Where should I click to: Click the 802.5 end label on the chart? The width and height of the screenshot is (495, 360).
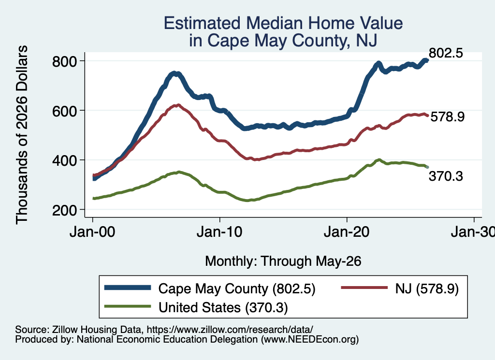(x=446, y=53)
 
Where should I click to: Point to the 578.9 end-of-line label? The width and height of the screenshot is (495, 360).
(x=447, y=117)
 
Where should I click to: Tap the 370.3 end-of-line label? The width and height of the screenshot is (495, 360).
(x=446, y=176)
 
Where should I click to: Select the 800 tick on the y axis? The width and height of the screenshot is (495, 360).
(x=65, y=61)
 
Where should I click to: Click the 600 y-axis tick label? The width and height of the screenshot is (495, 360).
(x=65, y=111)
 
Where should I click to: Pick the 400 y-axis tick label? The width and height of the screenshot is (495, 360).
(x=65, y=160)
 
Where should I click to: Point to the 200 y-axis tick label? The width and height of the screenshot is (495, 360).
(x=65, y=210)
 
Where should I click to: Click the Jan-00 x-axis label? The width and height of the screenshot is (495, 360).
(x=92, y=232)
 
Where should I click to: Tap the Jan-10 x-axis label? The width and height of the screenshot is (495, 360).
(x=219, y=232)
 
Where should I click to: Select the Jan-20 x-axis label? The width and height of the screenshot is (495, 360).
(x=347, y=232)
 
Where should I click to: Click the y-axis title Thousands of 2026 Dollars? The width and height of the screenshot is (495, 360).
(x=22, y=135)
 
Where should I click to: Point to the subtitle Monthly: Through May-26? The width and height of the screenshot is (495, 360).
(x=283, y=261)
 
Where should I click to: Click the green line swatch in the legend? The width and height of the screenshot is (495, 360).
(x=128, y=306)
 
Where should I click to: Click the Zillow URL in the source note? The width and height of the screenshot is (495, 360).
(x=230, y=330)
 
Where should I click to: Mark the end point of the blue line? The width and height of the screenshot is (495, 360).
(x=427, y=60)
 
